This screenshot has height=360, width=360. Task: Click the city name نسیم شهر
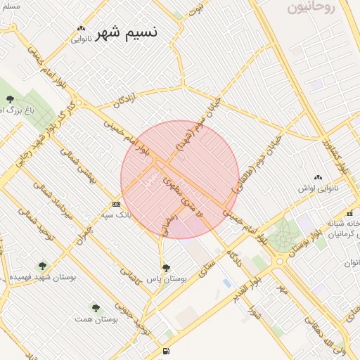pos(127,32)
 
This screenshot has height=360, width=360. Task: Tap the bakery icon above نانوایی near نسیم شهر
pos(82,29)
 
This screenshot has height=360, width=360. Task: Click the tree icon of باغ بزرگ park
pos(10,99)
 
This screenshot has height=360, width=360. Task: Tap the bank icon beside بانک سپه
pos(116,204)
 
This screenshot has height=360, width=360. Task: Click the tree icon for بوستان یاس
pos(166,268)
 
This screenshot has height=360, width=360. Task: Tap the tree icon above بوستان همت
pos(96,308)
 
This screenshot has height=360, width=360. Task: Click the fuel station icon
pos(166,351)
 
